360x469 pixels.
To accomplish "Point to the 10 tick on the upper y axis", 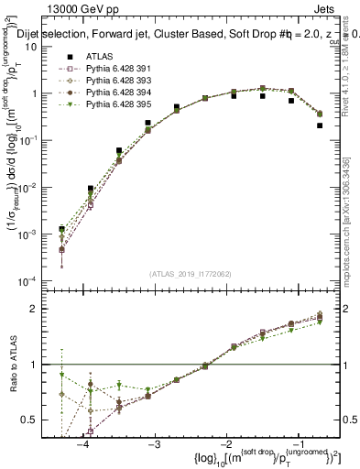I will pyautogui.click(x=42, y=47).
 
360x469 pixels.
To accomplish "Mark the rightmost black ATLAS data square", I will pyautogui.click(x=320, y=125).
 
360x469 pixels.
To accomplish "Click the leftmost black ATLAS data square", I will pyautogui.click(x=61, y=229).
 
